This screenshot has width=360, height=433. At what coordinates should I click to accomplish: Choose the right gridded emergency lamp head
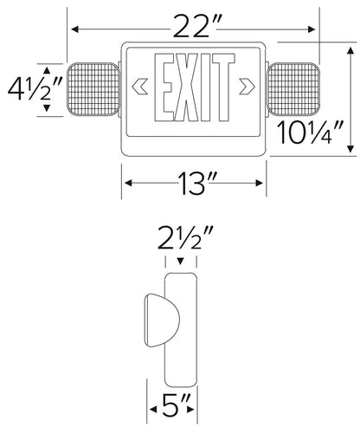click(x=296, y=87)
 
